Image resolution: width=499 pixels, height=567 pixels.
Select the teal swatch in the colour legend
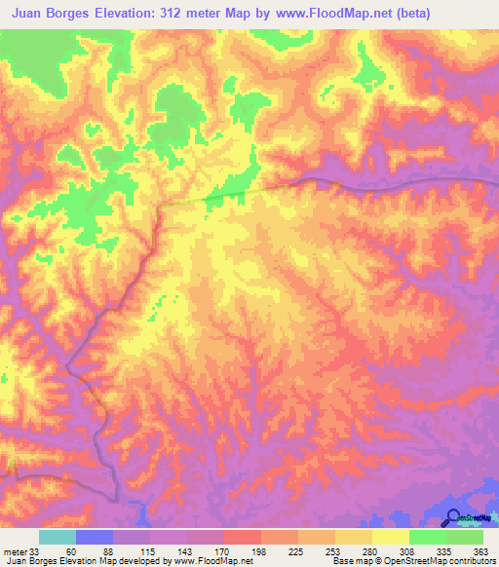coord(57,537)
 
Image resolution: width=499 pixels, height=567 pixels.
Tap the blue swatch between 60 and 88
coord(94,537)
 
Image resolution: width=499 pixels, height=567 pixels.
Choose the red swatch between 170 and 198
coord(242,537)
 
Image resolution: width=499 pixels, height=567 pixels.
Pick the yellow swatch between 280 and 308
coord(390,537)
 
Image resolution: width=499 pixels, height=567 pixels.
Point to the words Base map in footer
coord(350,561)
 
